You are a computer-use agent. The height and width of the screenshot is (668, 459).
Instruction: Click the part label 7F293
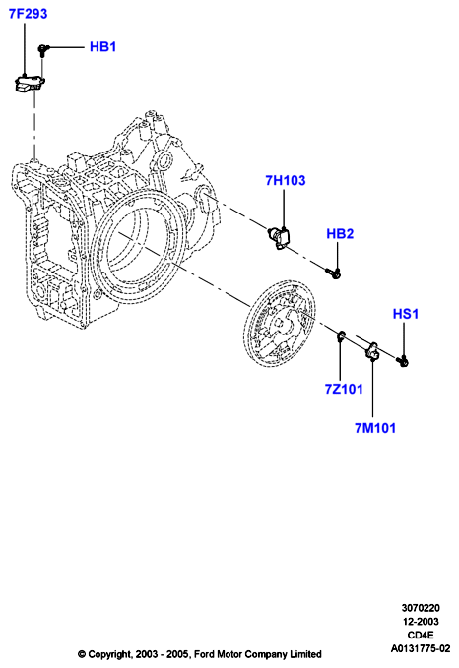29,14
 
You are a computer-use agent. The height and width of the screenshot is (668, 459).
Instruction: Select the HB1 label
102,46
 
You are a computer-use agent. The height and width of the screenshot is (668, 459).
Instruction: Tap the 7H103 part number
286,180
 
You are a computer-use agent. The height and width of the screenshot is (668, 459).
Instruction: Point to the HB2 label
340,233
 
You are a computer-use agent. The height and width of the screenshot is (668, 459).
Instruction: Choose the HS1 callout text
406,314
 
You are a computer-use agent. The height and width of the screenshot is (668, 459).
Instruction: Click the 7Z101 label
344,389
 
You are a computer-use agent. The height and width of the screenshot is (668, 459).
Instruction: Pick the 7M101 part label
375,428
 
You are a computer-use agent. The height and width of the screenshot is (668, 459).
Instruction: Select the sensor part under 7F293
29,83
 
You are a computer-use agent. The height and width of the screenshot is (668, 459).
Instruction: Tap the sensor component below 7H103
279,236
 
